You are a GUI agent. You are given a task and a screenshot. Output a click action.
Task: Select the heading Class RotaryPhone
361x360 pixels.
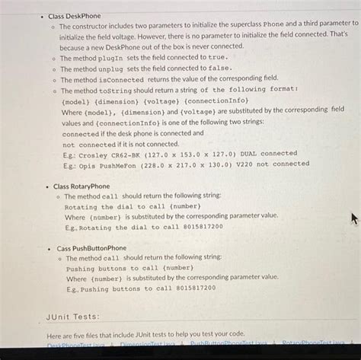click(x=81, y=186)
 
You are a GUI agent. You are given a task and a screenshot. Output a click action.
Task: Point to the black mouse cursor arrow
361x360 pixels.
click(x=353, y=218)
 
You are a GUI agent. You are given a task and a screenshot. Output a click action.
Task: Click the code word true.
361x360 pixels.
click(x=217, y=57)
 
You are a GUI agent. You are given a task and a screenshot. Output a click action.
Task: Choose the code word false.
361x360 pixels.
click(x=219, y=68)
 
